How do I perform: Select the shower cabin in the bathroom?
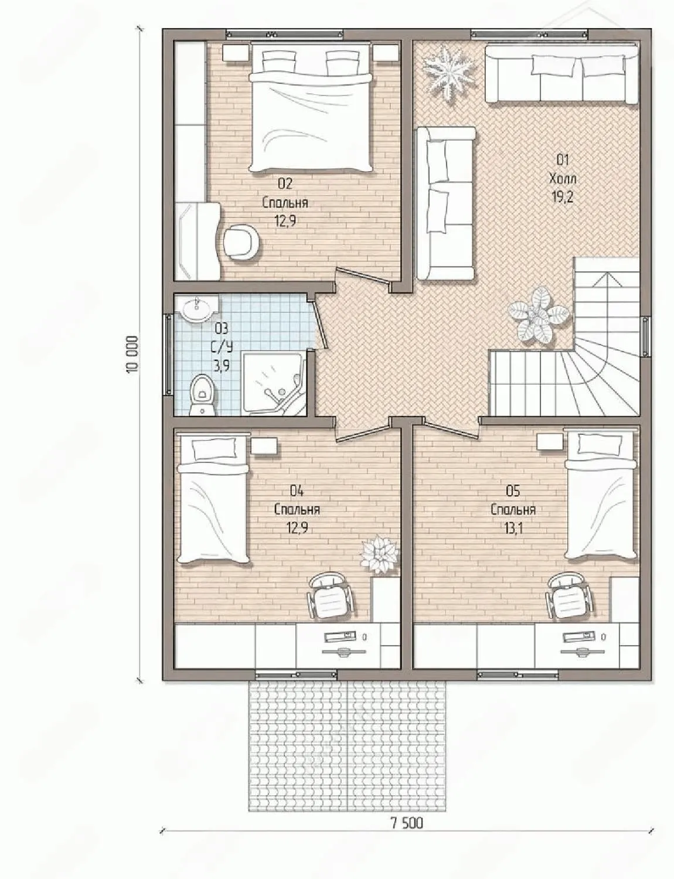point(274,383)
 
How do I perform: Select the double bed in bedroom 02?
point(311,108)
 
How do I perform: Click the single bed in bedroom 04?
point(213,497)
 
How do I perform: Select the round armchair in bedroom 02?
point(241,241)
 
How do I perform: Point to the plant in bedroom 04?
point(379,553)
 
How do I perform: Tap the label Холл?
point(563,178)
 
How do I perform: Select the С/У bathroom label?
point(222,347)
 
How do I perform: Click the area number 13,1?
point(513,528)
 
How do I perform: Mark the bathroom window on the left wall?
point(168,355)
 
